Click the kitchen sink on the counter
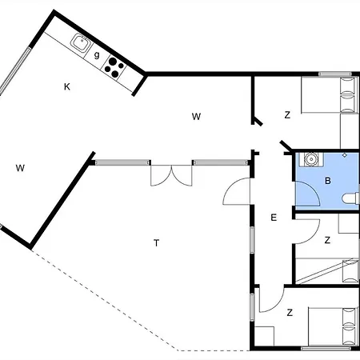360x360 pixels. [x=81, y=43]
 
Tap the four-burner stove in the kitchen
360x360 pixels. [x=114, y=67]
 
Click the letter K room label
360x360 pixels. [x=67, y=87]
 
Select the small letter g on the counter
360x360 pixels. [x=97, y=55]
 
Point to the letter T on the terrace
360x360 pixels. [x=157, y=243]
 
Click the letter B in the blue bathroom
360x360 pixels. [x=328, y=181]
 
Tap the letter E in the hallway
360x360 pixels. [x=274, y=218]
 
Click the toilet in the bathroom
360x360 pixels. [x=350, y=199]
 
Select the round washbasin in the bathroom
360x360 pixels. [x=310, y=159]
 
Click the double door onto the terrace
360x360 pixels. [x=171, y=175]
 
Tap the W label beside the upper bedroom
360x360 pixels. [x=196, y=117]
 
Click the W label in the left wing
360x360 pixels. [x=20, y=168]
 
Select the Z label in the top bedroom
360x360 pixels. [x=287, y=115]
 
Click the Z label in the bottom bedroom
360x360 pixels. [x=290, y=312]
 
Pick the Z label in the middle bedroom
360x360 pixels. [x=327, y=240]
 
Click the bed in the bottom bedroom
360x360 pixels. [x=334, y=326]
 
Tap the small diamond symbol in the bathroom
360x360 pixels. [x=345, y=155]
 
